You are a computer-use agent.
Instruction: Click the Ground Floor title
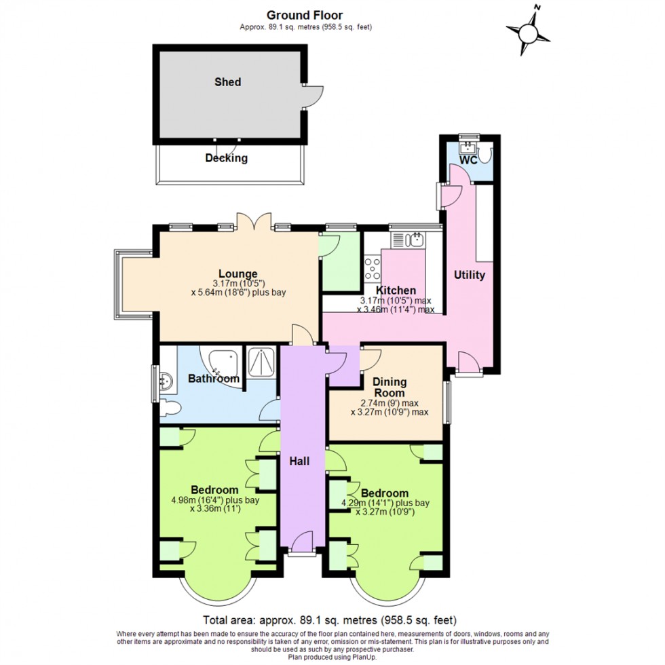305,15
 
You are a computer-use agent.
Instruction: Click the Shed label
227,82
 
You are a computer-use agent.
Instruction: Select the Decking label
227,159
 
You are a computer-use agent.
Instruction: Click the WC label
469,161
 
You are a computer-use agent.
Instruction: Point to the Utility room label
470,275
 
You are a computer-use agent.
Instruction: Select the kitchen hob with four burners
373,267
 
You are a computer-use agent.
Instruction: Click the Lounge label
237,274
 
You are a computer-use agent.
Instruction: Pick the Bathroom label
214,379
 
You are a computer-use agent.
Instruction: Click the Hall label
299,461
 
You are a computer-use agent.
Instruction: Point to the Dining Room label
389,387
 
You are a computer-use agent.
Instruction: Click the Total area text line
330,620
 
